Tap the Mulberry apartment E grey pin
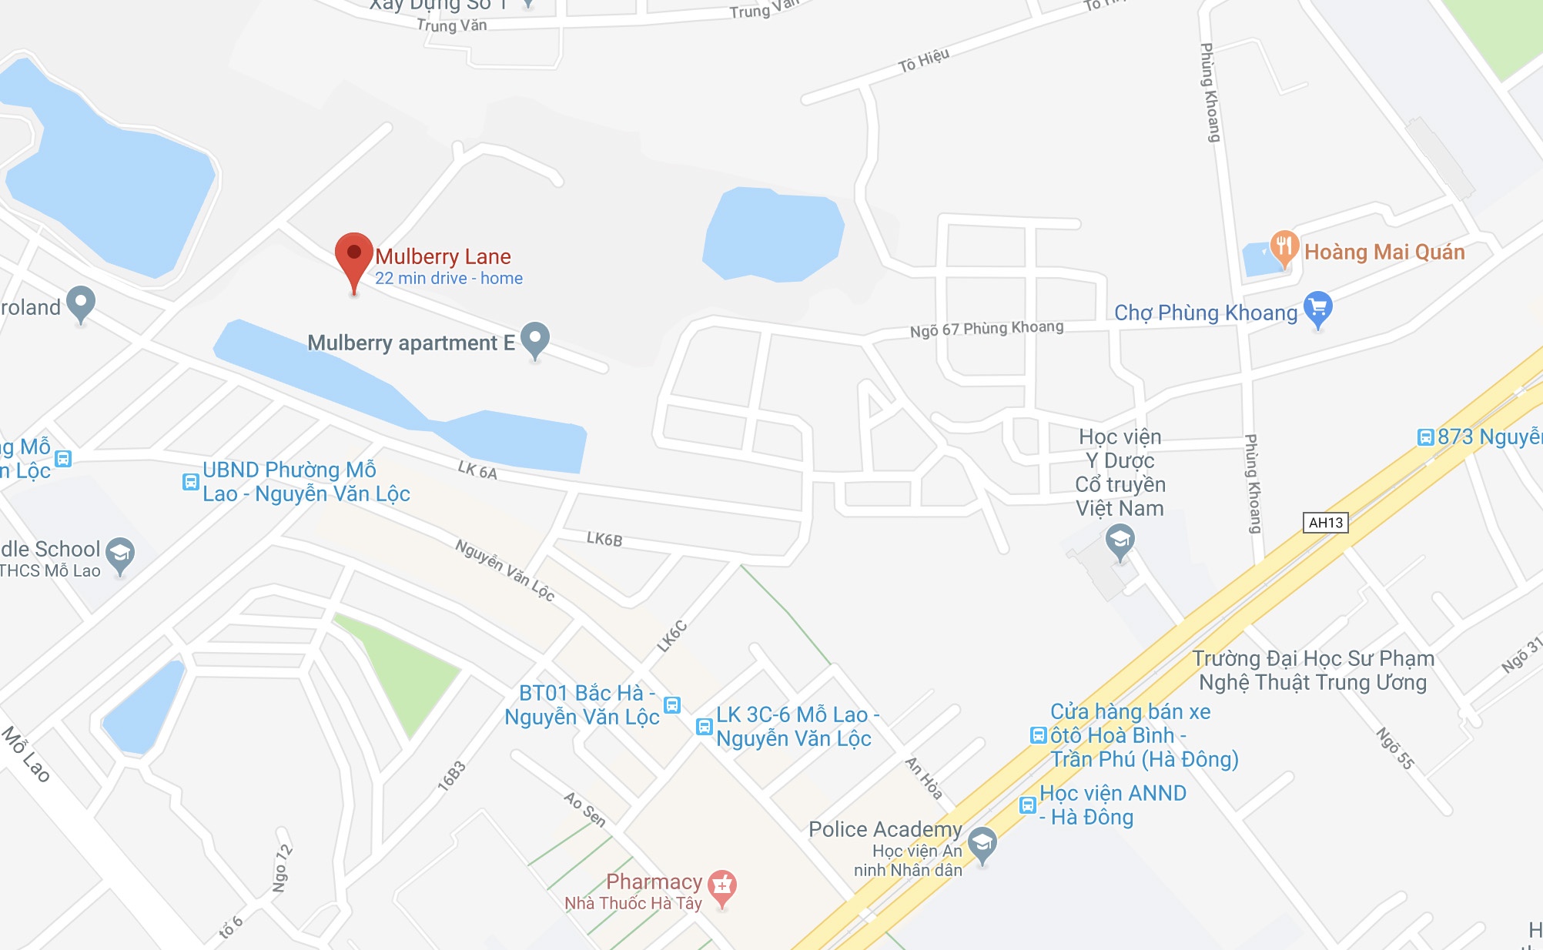click(x=535, y=339)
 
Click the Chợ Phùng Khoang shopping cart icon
click(x=1317, y=308)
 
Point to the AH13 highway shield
click(x=1325, y=523)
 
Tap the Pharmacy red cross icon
click(x=722, y=887)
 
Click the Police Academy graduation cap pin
click(x=982, y=843)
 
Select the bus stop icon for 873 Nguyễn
click(x=1426, y=437)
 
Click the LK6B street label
click(x=604, y=539)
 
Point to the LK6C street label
click(x=671, y=637)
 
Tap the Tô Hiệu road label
click(x=923, y=60)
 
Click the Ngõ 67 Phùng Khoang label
click(x=986, y=329)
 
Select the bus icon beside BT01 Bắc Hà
click(x=672, y=704)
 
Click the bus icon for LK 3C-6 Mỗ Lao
click(x=704, y=727)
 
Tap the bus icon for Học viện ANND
click(x=1027, y=805)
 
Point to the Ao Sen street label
click(x=585, y=809)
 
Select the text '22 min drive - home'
click(x=449, y=279)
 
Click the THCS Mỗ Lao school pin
click(x=120, y=554)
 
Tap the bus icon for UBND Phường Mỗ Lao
click(x=190, y=482)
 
